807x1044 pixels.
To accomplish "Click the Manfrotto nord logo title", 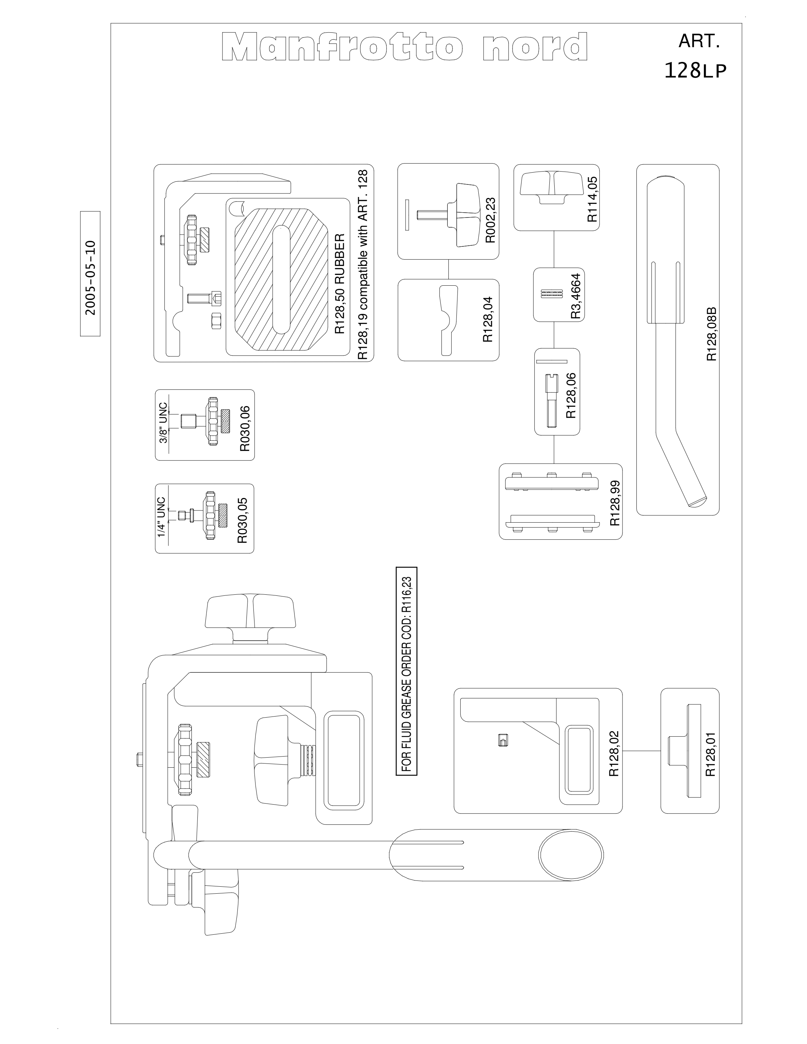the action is pyautogui.click(x=405, y=47).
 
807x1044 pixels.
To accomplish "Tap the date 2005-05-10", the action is pyautogui.click(x=91, y=278).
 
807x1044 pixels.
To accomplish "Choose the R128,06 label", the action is pyautogui.click(x=571, y=396).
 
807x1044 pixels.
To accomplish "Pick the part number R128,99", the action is pyautogui.click(x=615, y=503).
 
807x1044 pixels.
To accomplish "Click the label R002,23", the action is pyautogui.click(x=491, y=220).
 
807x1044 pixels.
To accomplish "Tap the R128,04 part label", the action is pyautogui.click(x=488, y=319).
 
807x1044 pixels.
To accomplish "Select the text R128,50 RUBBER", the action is pyautogui.click(x=339, y=284).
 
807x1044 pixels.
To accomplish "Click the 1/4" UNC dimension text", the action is pyautogui.click(x=161, y=517).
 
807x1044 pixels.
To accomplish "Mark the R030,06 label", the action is pyautogui.click(x=245, y=428).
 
